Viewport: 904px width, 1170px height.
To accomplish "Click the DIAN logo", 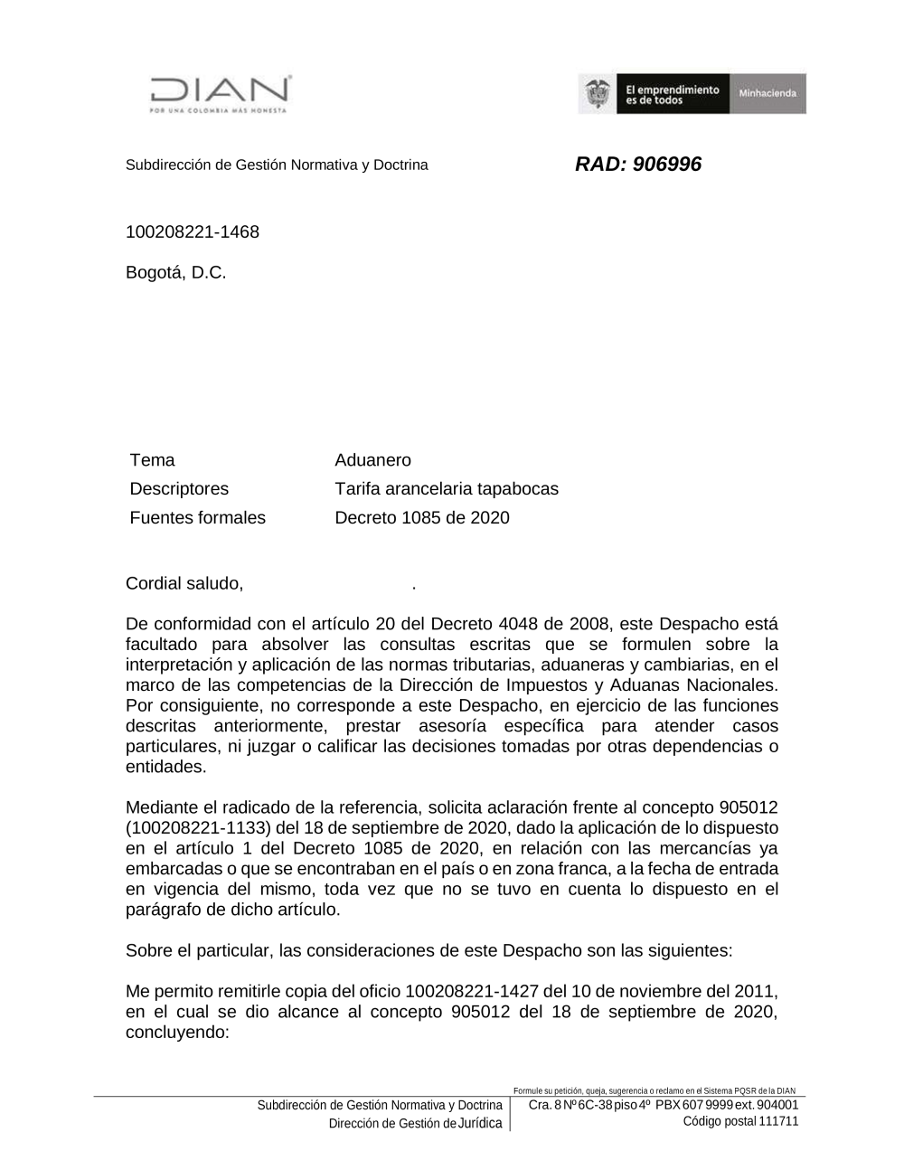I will [x=220, y=94].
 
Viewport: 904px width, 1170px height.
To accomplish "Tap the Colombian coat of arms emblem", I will [x=597, y=94].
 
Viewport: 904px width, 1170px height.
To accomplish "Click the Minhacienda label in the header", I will [x=767, y=94].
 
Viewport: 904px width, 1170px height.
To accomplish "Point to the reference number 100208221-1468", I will [x=193, y=232].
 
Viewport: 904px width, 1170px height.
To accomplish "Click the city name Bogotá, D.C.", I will [x=176, y=273].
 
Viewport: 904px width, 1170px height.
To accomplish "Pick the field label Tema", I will [x=153, y=460].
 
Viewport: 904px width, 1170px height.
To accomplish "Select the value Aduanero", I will [x=372, y=460].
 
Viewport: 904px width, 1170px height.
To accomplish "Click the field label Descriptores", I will [x=179, y=489].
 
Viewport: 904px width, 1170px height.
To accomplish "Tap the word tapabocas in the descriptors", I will [x=518, y=489].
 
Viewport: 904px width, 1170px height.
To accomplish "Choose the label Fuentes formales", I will [x=198, y=518].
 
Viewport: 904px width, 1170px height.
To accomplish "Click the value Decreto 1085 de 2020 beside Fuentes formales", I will [x=422, y=518].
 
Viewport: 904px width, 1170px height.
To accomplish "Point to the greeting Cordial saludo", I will [x=184, y=583].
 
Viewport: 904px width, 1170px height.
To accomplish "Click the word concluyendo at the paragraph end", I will [x=178, y=1033].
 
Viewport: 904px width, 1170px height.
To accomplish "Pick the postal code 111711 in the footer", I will [x=778, y=1121].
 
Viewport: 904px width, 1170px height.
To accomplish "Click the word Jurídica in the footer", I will [x=479, y=1123].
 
